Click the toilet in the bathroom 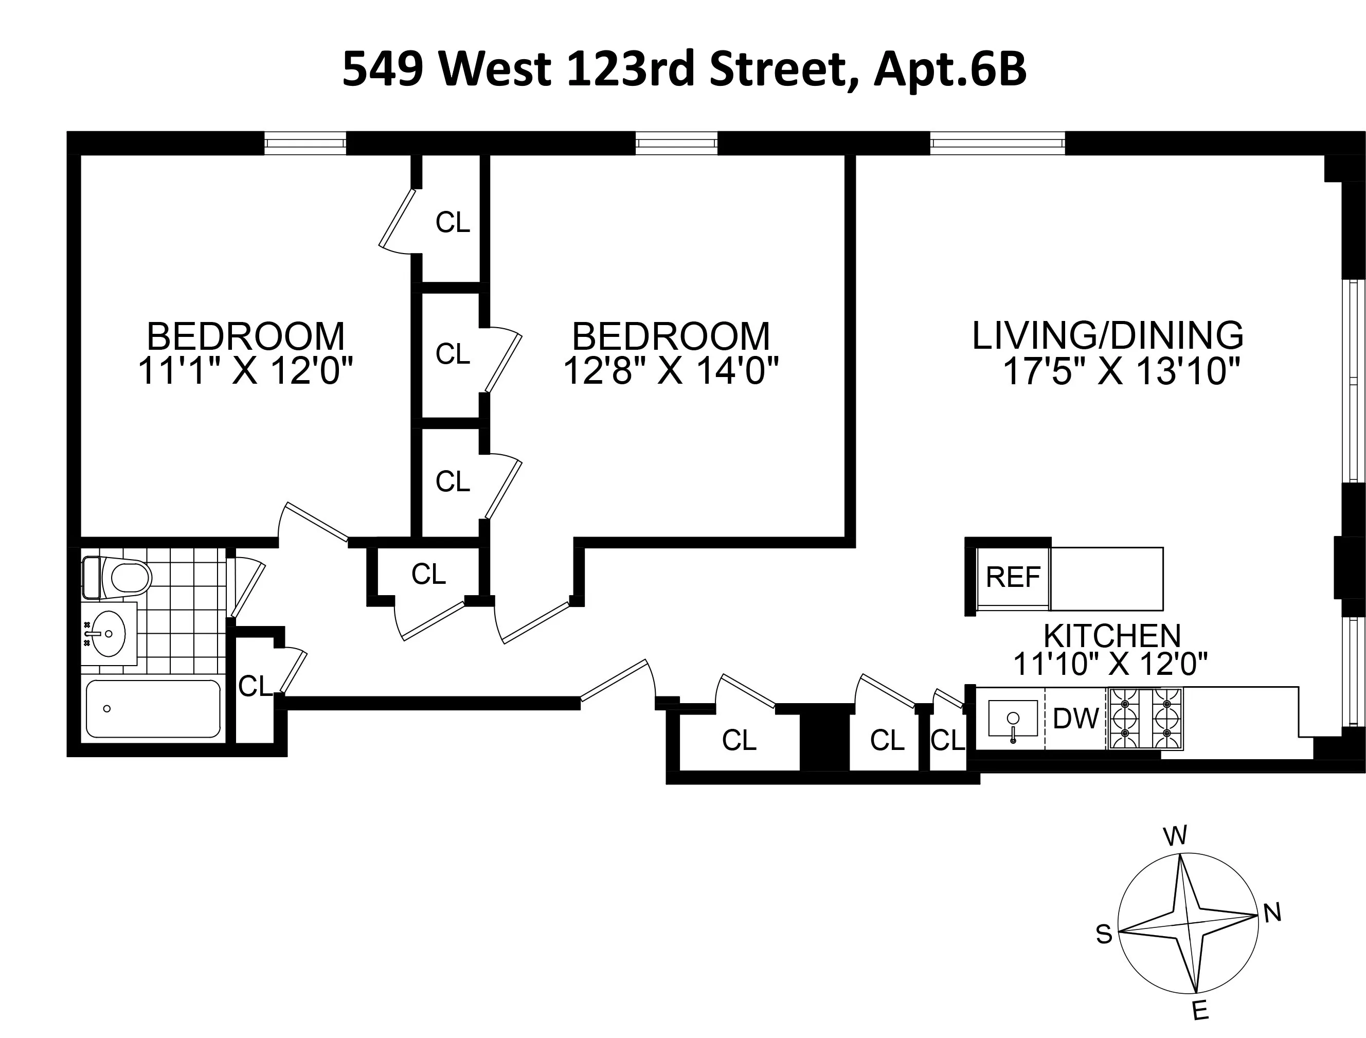click(121, 578)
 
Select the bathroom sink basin click(108, 634)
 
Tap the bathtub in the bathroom click(153, 709)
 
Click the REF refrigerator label click(1013, 577)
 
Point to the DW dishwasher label click(1075, 719)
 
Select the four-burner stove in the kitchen click(1145, 719)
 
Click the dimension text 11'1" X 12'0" click(245, 371)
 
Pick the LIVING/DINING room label click(1108, 335)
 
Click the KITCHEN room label click(1112, 636)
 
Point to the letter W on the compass click(1175, 836)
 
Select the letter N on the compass click(1272, 912)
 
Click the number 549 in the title click(383, 70)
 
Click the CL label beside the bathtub click(255, 686)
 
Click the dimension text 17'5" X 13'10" click(1121, 371)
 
